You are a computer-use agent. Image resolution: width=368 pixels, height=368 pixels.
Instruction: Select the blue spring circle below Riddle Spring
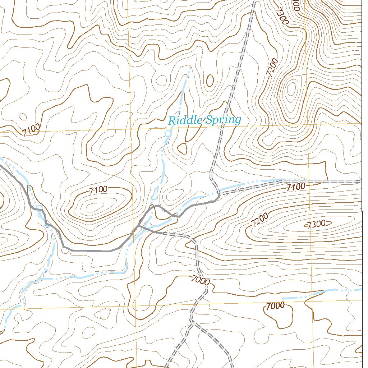tap(167, 134)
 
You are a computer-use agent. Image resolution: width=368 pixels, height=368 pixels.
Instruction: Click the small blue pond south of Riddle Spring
tap(155, 194)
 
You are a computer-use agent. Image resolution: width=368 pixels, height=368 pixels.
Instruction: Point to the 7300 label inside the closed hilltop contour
tap(317, 224)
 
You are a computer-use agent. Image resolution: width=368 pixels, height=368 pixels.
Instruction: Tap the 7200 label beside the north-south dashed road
tap(272, 67)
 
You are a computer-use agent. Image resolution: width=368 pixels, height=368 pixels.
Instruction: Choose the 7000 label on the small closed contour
tap(275, 306)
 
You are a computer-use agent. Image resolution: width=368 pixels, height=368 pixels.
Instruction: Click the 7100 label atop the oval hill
tap(98, 190)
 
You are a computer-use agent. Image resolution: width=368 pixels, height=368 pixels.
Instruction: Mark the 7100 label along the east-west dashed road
tap(296, 186)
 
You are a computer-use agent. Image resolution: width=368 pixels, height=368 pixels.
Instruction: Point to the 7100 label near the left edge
tap(31, 130)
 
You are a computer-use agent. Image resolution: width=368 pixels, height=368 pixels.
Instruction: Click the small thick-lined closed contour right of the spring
tap(183, 148)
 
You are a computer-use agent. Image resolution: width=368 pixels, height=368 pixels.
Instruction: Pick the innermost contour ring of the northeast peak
tap(291, 87)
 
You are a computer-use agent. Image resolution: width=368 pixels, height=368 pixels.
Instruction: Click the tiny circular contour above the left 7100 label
tap(23, 117)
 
